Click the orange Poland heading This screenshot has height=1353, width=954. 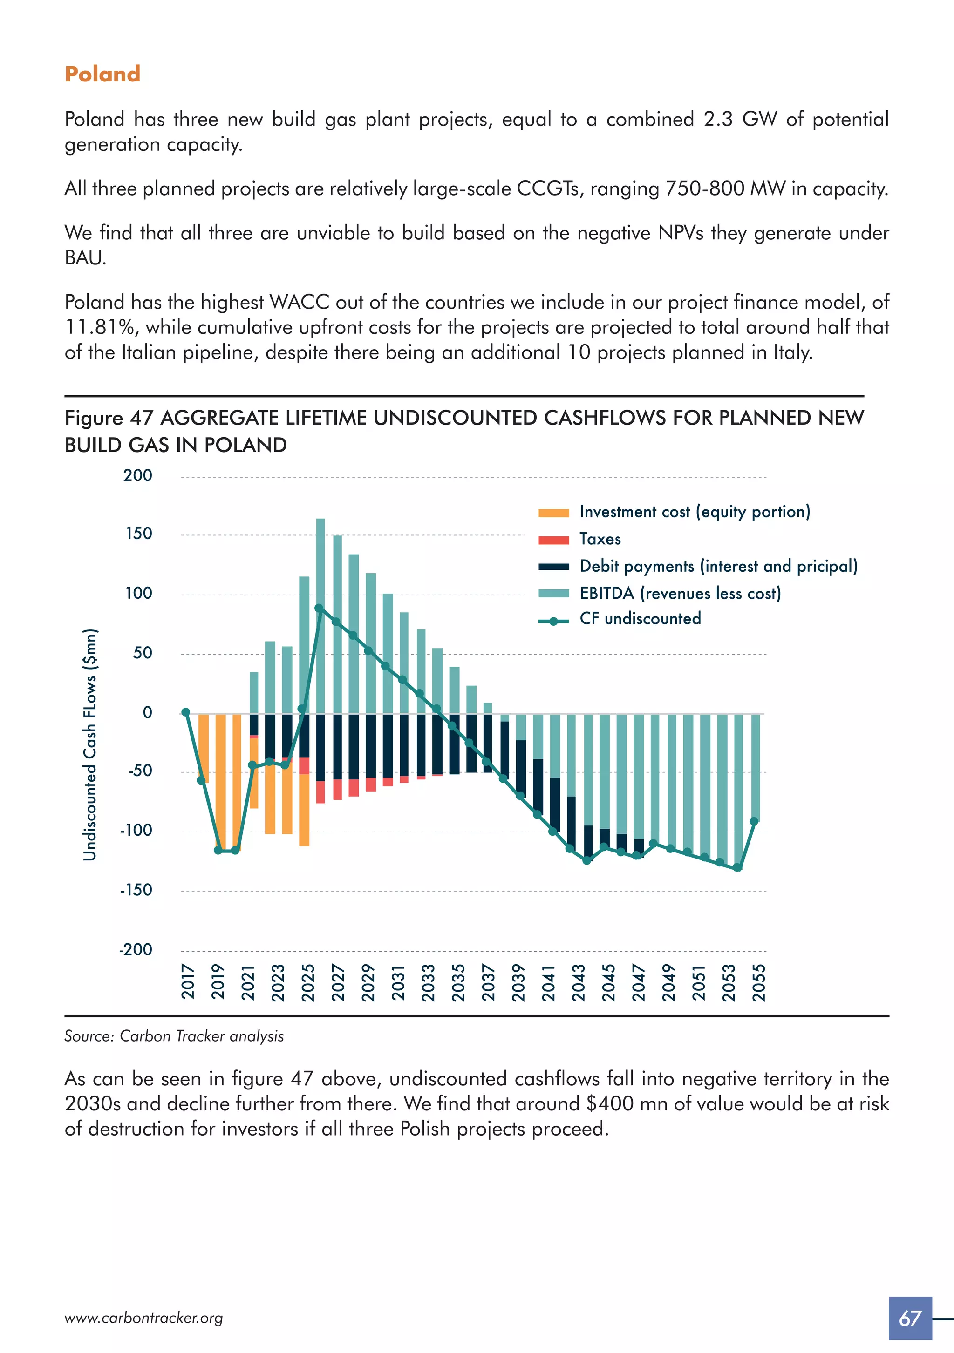point(102,74)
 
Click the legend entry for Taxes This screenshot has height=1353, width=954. point(600,539)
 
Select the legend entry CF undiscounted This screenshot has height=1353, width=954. point(640,619)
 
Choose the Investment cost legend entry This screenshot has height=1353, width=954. point(695,512)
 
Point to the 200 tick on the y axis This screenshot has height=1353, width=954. point(138,475)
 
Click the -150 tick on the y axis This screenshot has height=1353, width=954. point(136,890)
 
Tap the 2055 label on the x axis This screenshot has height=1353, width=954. point(759,982)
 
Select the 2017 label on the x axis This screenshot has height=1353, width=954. point(188,982)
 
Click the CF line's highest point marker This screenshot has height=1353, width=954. point(319,608)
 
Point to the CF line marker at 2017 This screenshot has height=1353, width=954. point(186,712)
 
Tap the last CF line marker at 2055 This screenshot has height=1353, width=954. point(754,821)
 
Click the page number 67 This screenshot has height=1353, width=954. point(910,1318)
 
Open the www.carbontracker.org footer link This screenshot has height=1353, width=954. point(144,1318)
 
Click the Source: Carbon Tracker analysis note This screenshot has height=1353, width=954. point(174,1036)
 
